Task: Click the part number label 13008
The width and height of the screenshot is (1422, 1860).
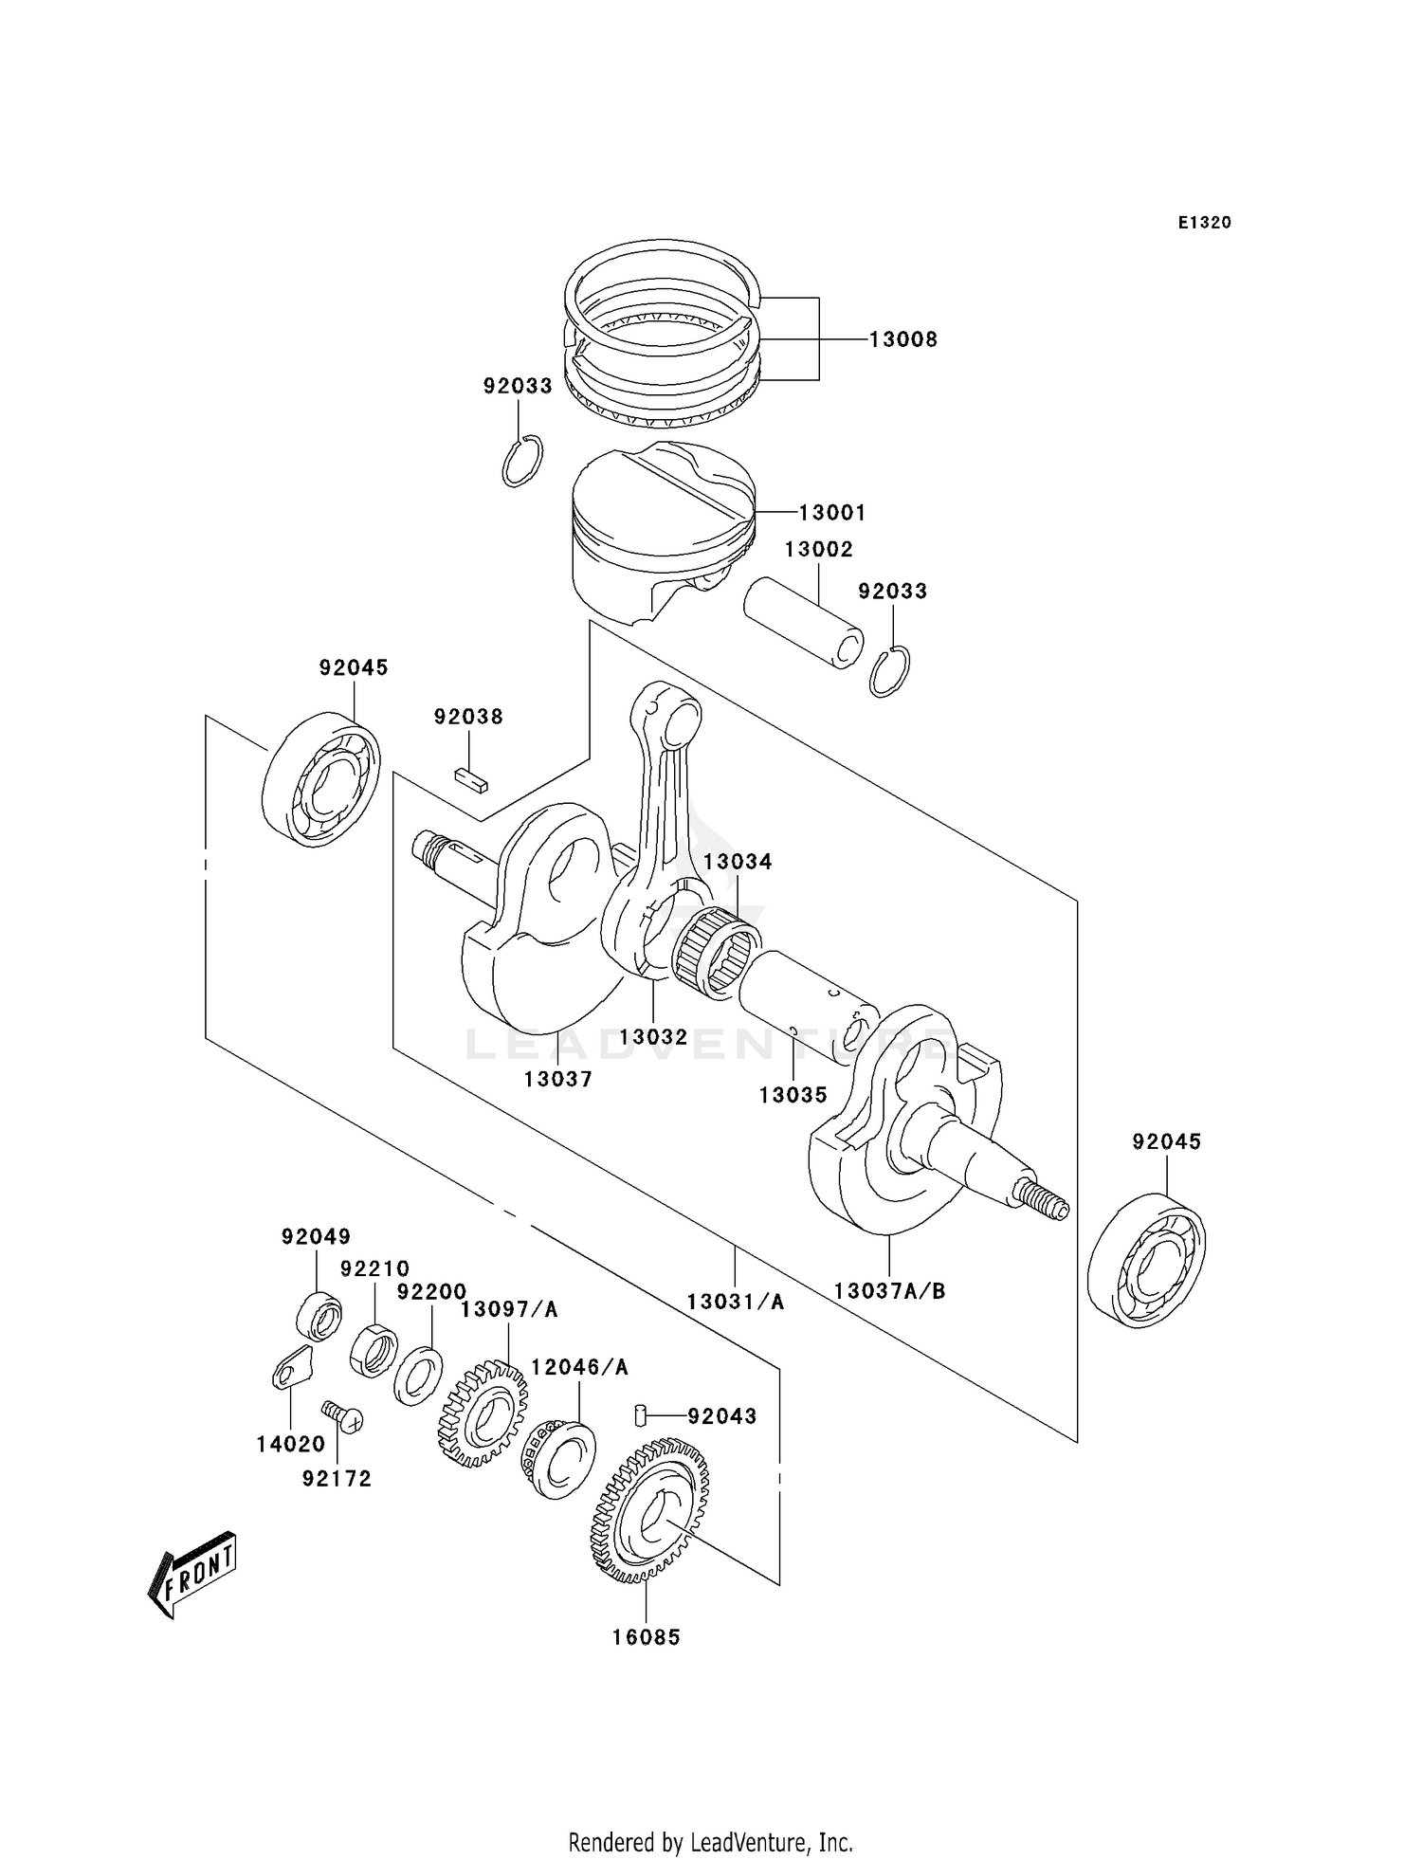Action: point(903,339)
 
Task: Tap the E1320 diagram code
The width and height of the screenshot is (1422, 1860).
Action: point(1204,223)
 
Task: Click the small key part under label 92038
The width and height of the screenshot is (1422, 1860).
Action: point(470,779)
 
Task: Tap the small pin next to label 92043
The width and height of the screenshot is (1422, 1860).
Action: point(640,1416)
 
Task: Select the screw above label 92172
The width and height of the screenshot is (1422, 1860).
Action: point(343,1417)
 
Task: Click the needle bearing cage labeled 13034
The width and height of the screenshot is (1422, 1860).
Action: point(716,953)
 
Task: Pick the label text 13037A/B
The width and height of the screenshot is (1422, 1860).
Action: point(889,1290)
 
